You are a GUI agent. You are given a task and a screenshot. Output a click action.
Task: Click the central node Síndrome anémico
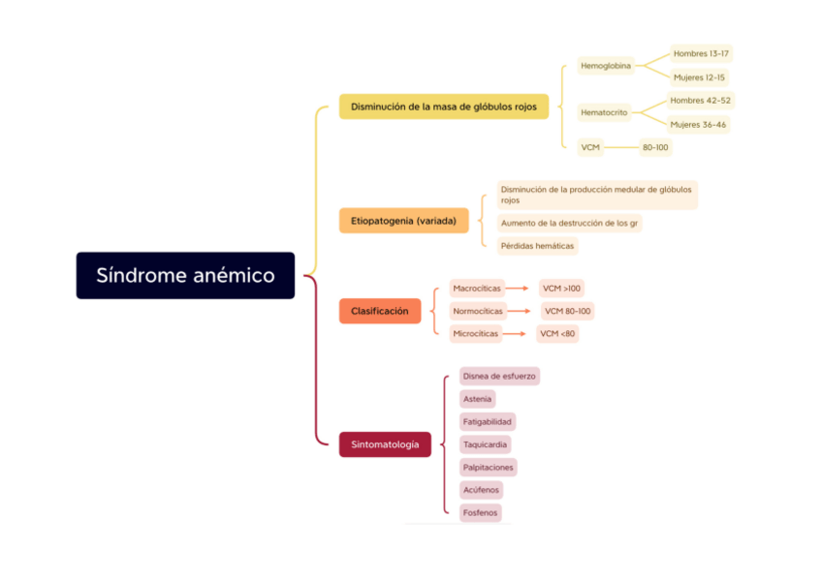click(x=185, y=276)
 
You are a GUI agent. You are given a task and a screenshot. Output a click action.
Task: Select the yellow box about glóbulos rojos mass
click(x=444, y=107)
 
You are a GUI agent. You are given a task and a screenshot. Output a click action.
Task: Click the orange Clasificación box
click(x=379, y=311)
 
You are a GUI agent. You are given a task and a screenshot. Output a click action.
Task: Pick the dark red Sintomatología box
click(x=385, y=444)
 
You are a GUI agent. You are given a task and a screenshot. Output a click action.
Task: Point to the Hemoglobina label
click(x=606, y=66)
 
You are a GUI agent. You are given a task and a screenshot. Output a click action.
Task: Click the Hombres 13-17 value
click(x=701, y=54)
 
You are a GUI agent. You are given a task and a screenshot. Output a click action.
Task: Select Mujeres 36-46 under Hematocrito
click(x=698, y=124)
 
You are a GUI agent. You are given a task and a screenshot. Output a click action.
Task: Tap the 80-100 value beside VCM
click(x=655, y=147)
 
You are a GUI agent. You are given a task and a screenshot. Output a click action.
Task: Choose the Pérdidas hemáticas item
click(x=537, y=246)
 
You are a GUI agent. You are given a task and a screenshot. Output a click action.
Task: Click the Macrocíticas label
click(x=477, y=289)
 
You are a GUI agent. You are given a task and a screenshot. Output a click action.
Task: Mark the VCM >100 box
click(x=562, y=289)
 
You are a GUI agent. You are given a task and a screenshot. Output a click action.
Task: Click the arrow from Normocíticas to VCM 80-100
click(x=522, y=312)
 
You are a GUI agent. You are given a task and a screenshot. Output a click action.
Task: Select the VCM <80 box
click(x=557, y=334)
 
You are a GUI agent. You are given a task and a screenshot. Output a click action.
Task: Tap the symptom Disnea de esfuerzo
click(x=499, y=376)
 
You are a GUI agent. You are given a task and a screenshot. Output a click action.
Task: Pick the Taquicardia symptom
click(x=485, y=444)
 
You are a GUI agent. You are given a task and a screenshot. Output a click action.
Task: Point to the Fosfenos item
click(x=481, y=513)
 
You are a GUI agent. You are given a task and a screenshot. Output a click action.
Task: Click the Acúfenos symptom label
click(x=482, y=490)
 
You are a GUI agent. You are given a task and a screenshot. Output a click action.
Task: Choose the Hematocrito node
click(x=604, y=112)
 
